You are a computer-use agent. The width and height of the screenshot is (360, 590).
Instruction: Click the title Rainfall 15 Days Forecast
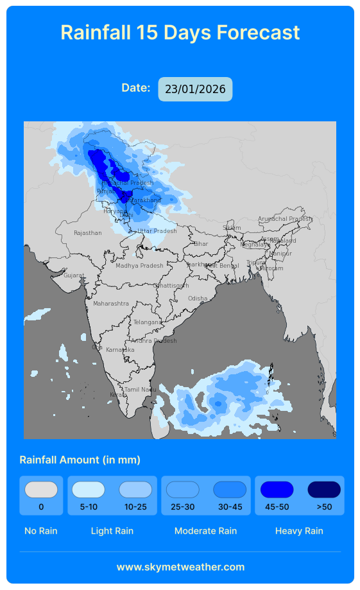click(180, 33)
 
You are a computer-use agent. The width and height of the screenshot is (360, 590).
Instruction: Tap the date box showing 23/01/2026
click(195, 89)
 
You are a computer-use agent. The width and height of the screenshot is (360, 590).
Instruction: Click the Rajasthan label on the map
click(88, 233)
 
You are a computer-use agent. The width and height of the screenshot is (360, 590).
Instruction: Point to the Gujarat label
click(74, 275)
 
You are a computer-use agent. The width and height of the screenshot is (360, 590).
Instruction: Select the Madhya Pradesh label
click(139, 266)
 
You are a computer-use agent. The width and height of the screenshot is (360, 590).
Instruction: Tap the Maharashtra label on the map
click(111, 304)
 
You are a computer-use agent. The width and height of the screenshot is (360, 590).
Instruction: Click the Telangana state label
click(148, 322)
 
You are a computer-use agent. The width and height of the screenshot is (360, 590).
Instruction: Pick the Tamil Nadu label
click(141, 390)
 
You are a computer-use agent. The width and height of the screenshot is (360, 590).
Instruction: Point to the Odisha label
click(198, 299)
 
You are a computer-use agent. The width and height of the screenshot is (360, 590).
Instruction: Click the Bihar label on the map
click(201, 244)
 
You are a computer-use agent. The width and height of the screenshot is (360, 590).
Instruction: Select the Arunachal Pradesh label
click(285, 219)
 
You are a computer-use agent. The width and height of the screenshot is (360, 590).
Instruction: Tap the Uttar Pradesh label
click(157, 231)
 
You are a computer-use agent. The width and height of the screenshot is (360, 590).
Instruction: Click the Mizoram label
click(272, 268)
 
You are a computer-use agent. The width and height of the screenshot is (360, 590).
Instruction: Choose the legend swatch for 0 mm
click(41, 490)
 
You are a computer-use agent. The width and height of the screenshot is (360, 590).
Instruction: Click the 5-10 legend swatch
click(89, 490)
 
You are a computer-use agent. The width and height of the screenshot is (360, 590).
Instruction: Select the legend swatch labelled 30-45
click(230, 490)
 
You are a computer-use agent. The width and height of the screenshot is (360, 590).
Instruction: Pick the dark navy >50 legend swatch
click(324, 490)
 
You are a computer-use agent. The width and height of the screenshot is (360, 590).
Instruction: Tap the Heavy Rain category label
click(299, 531)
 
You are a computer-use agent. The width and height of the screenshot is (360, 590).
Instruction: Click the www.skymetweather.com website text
click(180, 567)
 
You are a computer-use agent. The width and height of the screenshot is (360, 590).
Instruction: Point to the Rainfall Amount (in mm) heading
click(80, 460)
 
